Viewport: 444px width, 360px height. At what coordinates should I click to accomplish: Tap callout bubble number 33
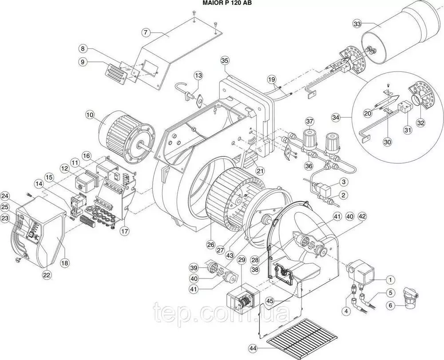[357, 24]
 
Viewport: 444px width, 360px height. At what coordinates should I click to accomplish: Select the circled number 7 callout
[146, 32]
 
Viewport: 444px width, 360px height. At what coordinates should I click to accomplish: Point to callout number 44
[254, 348]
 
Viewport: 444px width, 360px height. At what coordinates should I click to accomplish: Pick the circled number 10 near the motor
[90, 115]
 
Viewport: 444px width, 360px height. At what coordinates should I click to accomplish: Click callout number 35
[225, 60]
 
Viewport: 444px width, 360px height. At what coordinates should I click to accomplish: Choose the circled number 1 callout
[390, 280]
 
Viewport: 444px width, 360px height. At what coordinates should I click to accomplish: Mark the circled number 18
[65, 263]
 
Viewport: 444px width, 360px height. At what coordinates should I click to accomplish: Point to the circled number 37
[309, 122]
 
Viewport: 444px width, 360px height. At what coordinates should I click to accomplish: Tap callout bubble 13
[198, 75]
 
